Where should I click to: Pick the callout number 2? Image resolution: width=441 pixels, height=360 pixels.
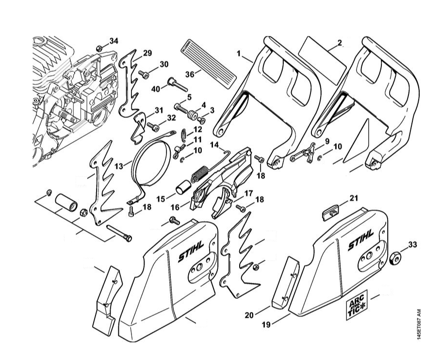(340, 43)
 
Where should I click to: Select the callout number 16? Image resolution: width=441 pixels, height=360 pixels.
(175, 207)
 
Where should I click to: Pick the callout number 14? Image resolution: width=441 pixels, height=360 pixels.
(215, 144)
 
